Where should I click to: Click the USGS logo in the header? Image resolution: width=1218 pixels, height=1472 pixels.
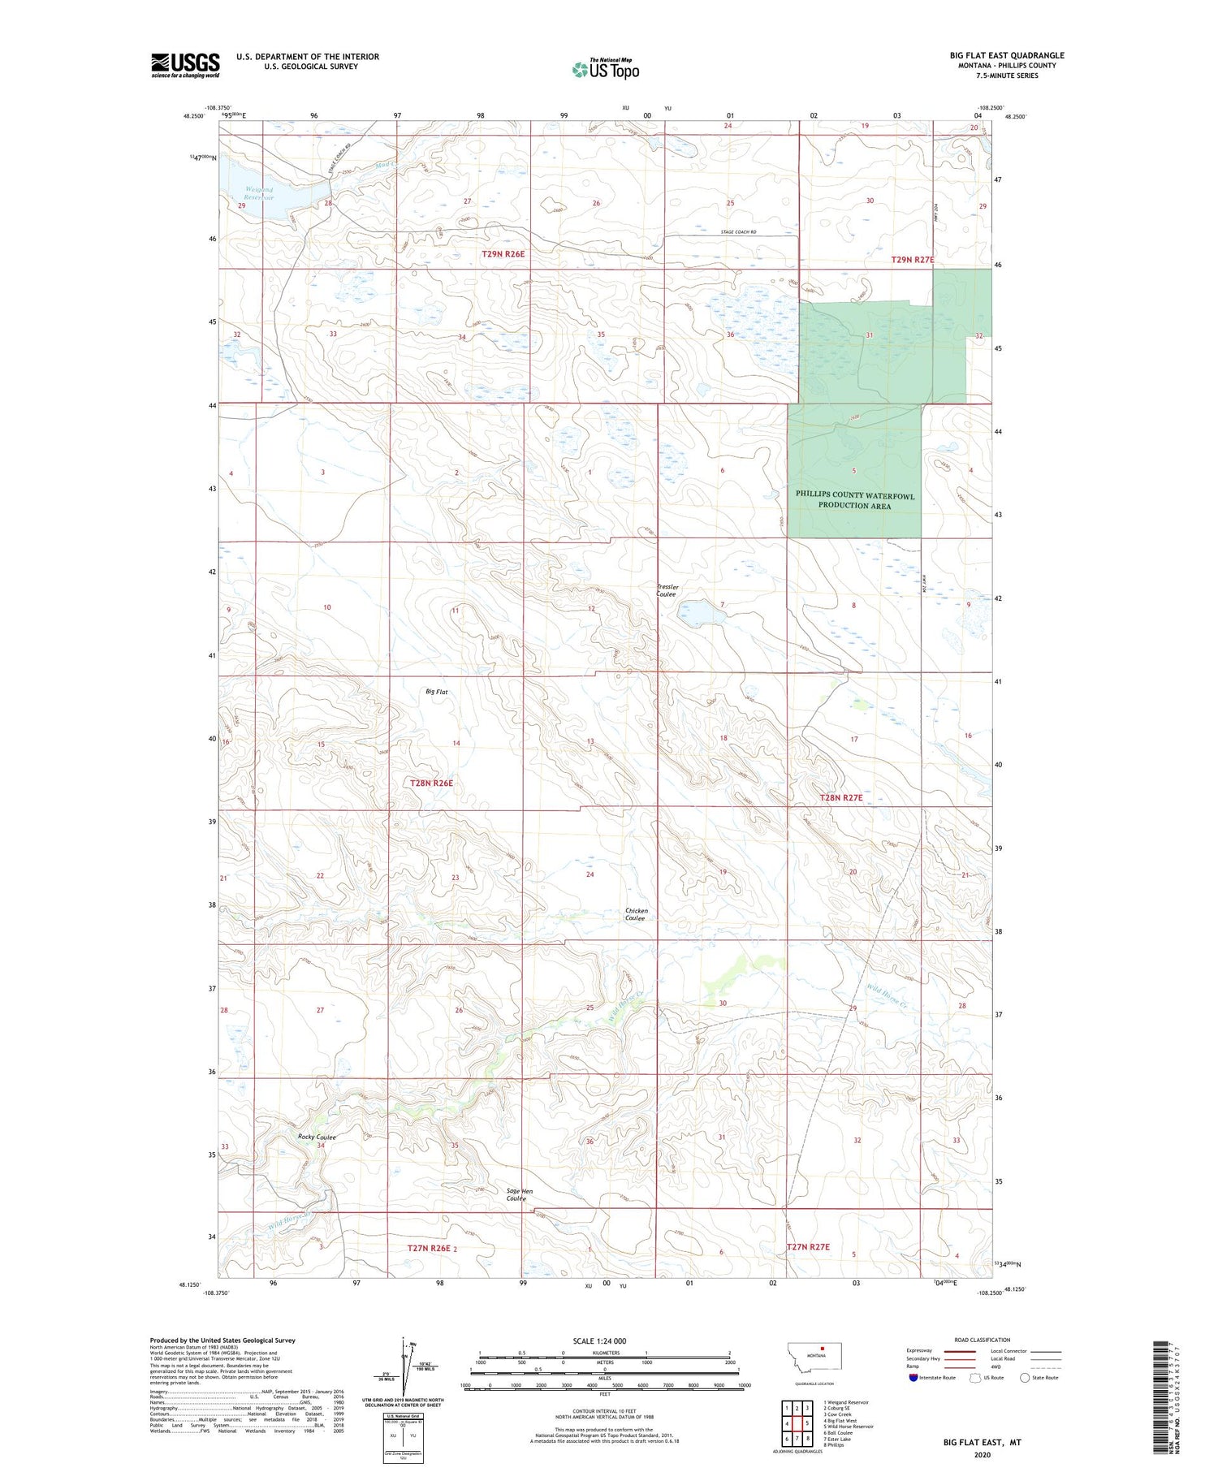[185, 65]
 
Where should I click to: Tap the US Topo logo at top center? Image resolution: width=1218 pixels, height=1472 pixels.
[606, 69]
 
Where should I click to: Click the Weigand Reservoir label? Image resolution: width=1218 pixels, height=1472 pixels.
[260, 193]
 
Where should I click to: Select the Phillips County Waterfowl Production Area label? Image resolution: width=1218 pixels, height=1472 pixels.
[854, 500]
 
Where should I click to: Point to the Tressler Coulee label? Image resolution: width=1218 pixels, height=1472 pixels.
[666, 590]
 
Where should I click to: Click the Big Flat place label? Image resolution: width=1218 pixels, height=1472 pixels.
[436, 692]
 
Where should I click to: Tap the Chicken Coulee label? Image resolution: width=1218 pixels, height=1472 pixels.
[636, 914]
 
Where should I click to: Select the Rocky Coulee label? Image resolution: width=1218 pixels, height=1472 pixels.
[317, 1137]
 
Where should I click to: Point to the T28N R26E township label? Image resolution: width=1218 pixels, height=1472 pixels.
[431, 783]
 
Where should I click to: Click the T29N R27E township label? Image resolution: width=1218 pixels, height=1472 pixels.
[913, 260]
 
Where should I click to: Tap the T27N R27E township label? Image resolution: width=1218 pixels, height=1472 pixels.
[808, 1246]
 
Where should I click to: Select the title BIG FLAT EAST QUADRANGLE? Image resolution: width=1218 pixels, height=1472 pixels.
[1007, 55]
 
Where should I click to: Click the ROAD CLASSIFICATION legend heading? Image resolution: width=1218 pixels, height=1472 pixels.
[983, 1340]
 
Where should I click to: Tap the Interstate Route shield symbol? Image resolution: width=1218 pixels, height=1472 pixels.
[913, 1378]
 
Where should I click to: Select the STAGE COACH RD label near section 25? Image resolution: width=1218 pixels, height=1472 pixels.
[738, 232]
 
